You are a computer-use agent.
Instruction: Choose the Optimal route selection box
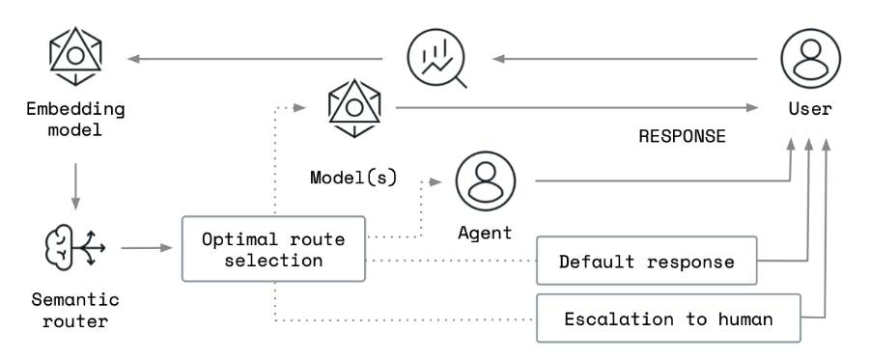pyautogui.click(x=275, y=248)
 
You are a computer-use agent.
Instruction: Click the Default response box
pyautogui.click(x=646, y=261)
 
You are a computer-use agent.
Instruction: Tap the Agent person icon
pyautogui.click(x=485, y=181)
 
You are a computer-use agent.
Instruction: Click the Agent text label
pyautogui.click(x=485, y=234)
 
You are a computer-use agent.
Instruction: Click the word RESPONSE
pyautogui.click(x=682, y=136)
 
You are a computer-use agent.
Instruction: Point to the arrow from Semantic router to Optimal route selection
pyautogui.click(x=146, y=248)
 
